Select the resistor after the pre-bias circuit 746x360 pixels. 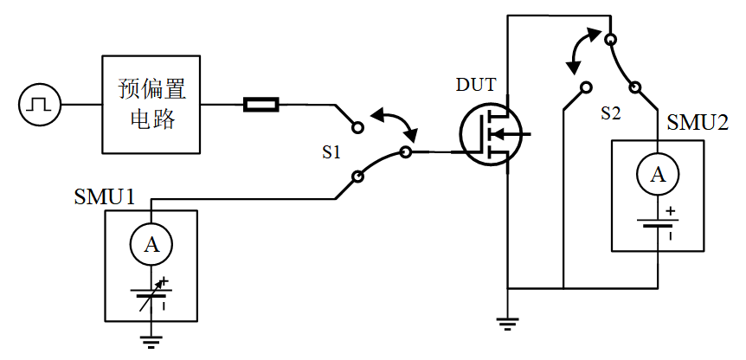(260, 106)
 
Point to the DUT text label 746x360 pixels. (476, 86)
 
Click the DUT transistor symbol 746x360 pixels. (489, 134)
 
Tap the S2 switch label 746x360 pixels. (611, 113)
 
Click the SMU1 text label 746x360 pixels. (105, 196)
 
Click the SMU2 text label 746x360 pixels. (698, 124)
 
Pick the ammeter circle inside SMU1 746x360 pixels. (151, 246)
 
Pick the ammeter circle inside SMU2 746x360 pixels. (658, 176)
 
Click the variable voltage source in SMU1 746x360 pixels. (152, 294)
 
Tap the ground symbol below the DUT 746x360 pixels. (508, 325)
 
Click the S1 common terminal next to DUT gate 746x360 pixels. (406, 153)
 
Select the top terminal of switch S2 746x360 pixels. (610, 39)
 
